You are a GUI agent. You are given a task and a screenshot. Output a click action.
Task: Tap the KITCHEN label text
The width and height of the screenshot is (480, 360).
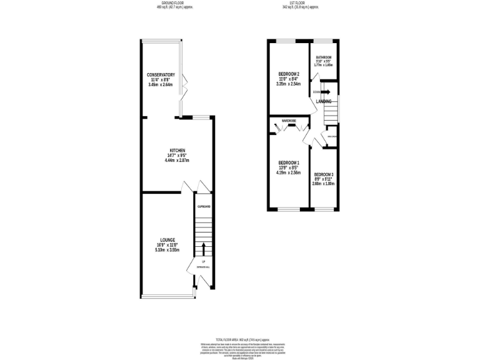pos(177,151)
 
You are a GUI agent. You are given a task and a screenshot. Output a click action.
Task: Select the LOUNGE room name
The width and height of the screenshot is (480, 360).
pos(167,239)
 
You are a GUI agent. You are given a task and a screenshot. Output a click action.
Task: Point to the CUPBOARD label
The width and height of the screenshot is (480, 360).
pos(204,206)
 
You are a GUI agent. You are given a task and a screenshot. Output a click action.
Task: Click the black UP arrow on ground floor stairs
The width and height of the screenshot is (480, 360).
pos(203,248)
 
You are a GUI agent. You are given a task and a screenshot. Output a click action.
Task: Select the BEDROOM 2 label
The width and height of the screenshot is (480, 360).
pos(289,74)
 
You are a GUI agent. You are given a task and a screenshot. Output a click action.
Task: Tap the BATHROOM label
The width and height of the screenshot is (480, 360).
pos(324,57)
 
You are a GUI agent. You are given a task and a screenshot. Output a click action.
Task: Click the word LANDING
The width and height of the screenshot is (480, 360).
pos(324,101)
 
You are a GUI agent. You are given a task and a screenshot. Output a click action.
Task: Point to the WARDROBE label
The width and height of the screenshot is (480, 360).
pos(288,120)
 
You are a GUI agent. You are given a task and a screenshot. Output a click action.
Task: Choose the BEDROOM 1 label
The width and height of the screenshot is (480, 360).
pos(289,162)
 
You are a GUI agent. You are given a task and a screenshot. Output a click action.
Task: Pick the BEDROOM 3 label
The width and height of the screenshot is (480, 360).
pos(324,174)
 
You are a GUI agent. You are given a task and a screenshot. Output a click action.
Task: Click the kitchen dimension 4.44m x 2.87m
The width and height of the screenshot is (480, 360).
pos(177,161)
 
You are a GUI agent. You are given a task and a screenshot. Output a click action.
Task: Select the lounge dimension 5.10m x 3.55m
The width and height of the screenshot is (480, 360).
pos(167,249)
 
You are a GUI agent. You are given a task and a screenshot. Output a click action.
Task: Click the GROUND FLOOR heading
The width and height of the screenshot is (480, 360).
pos(174,3)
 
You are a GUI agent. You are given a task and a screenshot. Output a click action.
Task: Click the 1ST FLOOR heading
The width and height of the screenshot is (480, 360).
pos(300,3)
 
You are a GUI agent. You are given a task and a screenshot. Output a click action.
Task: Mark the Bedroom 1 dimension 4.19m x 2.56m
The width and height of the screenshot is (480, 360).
pos(289,172)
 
